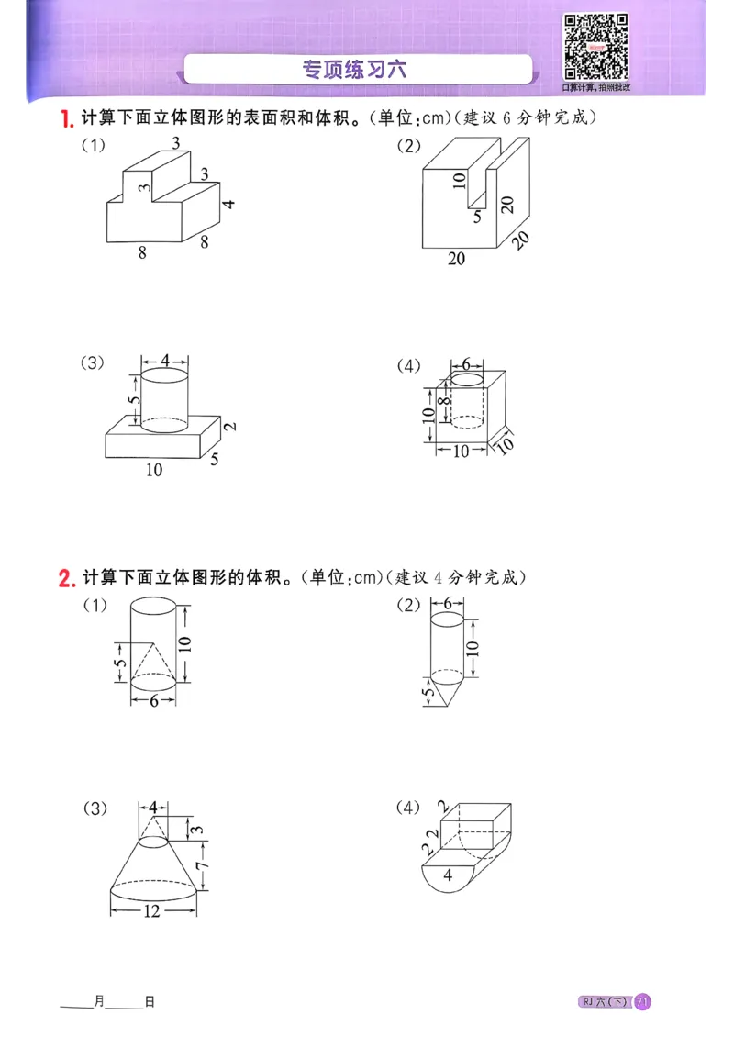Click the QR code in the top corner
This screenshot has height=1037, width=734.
[595, 46]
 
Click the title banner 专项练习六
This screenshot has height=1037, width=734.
[358, 69]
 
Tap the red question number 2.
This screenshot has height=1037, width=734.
[65, 578]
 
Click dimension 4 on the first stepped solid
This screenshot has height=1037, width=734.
[230, 204]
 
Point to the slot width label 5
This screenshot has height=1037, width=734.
[476, 217]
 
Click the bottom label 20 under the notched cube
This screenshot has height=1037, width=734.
[456, 260]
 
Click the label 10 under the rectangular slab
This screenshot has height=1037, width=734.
[154, 470]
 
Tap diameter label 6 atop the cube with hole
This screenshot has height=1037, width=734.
[466, 364]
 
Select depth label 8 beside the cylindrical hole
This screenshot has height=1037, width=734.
[443, 401]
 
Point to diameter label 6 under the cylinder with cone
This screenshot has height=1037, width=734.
[154, 700]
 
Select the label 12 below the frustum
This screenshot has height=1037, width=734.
[153, 911]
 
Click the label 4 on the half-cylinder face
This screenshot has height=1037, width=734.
[448, 875]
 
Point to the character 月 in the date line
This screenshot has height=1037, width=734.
[98, 1002]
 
